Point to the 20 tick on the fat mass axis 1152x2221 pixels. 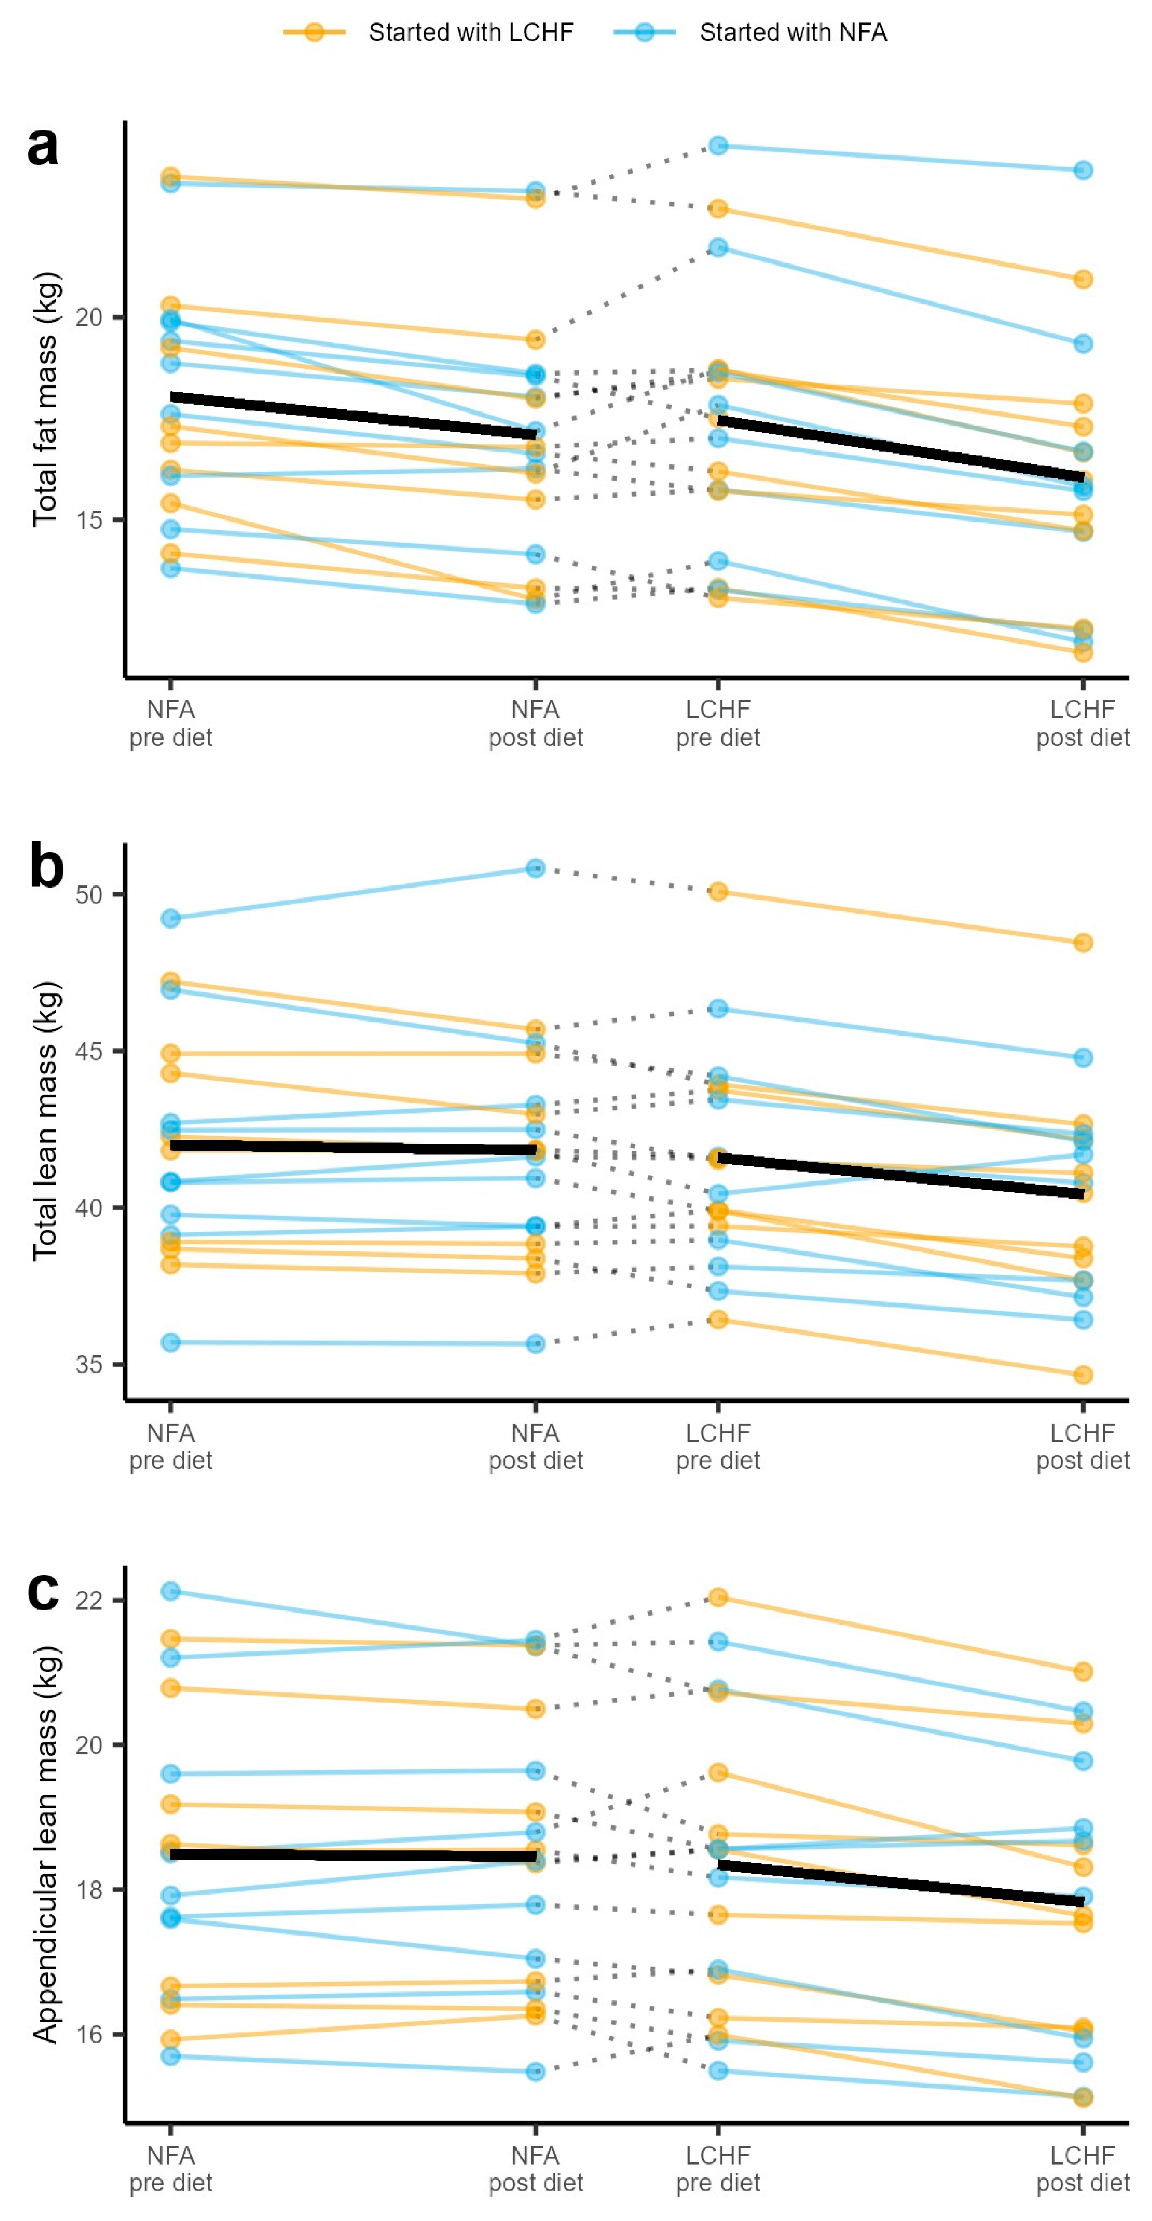pyautogui.click(x=89, y=317)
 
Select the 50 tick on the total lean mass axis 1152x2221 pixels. pyautogui.click(x=89, y=894)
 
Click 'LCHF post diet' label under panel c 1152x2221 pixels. pyautogui.click(x=1083, y=2169)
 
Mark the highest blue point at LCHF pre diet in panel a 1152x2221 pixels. pyautogui.click(x=718, y=146)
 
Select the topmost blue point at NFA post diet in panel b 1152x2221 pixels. pyautogui.click(x=535, y=868)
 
